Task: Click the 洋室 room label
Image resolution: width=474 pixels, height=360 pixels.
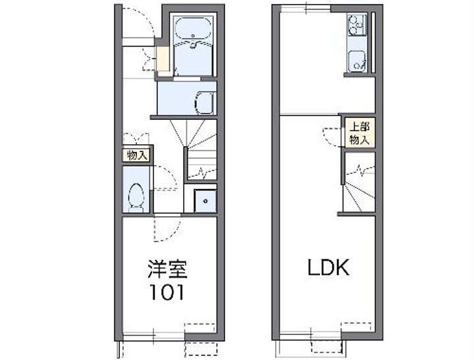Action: point(167,269)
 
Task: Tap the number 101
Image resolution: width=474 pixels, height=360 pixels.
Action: point(167,292)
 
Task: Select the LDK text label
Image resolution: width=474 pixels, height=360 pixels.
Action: point(329,267)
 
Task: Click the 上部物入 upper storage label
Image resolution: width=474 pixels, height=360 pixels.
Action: point(359,133)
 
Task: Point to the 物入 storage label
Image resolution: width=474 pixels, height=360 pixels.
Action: point(137,155)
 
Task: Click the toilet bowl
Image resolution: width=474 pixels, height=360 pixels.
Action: point(136,197)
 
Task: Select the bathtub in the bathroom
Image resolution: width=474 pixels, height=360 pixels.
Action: point(194,30)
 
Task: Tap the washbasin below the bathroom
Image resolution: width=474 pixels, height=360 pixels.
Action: point(205,103)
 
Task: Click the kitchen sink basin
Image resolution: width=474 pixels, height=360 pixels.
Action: point(357,61)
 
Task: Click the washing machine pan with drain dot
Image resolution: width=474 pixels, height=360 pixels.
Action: point(205,201)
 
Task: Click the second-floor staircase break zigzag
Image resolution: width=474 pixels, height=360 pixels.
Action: point(360,170)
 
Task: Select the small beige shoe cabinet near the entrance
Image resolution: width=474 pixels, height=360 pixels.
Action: point(163,59)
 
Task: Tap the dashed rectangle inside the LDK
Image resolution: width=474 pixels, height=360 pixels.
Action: point(355,327)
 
